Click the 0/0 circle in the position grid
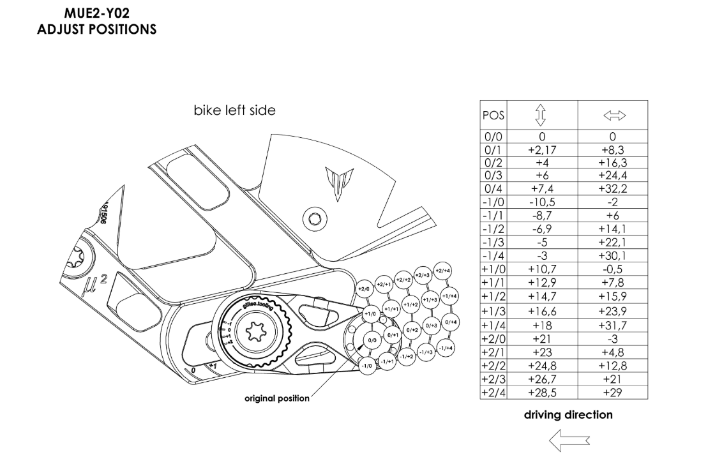(x=373, y=341)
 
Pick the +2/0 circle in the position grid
(x=365, y=289)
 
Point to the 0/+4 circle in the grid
(x=451, y=322)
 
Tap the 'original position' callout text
(x=277, y=399)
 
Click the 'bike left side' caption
(x=234, y=110)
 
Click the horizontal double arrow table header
(x=612, y=116)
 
